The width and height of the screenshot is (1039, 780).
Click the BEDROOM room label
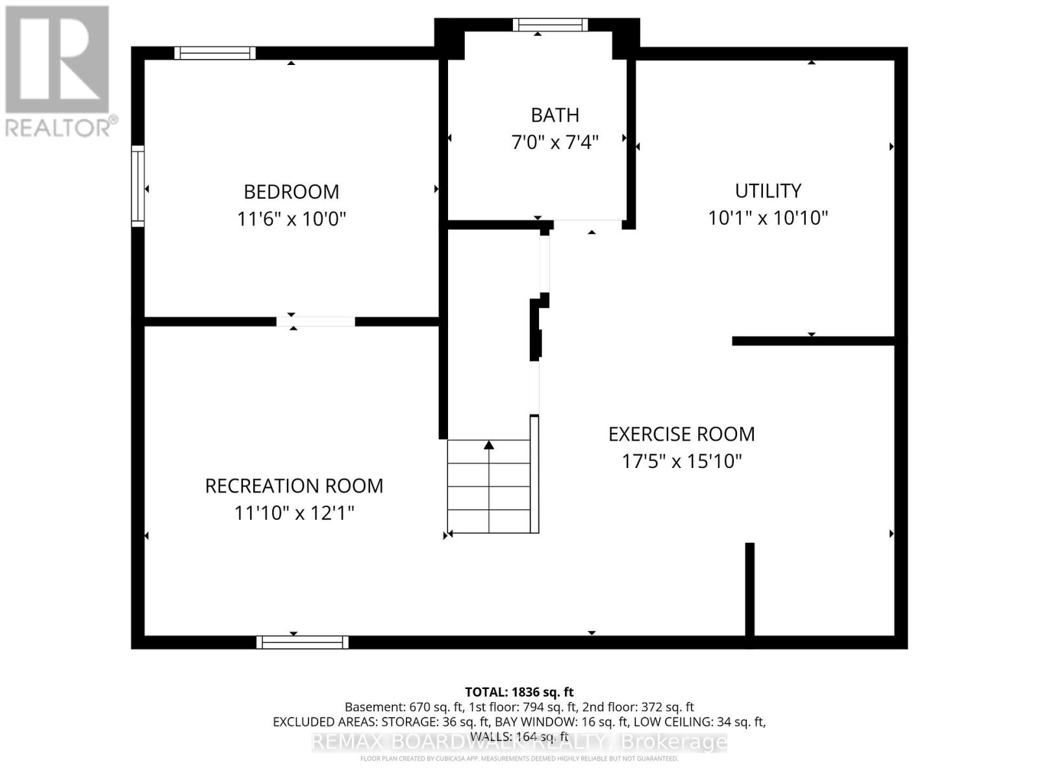coord(291,192)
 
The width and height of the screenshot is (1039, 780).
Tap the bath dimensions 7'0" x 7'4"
coord(555,142)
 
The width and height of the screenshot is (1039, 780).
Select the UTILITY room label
coord(768,190)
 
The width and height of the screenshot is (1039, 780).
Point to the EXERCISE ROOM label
coord(681,434)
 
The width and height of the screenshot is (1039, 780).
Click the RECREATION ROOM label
coord(294,486)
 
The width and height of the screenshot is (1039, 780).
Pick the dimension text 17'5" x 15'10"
coord(681,461)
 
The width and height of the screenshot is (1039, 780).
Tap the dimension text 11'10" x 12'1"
coord(294,513)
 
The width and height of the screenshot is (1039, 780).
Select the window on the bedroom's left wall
coord(138,186)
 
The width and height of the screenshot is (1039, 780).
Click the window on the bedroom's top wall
coord(215,53)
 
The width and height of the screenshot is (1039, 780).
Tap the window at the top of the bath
coord(550,25)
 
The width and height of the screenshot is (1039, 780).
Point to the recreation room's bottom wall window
coord(302,642)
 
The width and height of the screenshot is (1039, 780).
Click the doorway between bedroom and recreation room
coord(316,321)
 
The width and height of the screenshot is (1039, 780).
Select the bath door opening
coord(588,224)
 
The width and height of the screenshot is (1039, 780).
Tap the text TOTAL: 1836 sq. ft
coord(519,692)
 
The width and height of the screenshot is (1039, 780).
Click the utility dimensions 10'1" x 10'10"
coord(768,218)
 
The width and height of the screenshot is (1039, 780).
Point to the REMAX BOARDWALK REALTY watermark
coord(519,742)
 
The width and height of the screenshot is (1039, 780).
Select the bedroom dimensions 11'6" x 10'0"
coord(291,218)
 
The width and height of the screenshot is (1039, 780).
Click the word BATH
coord(555,115)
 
